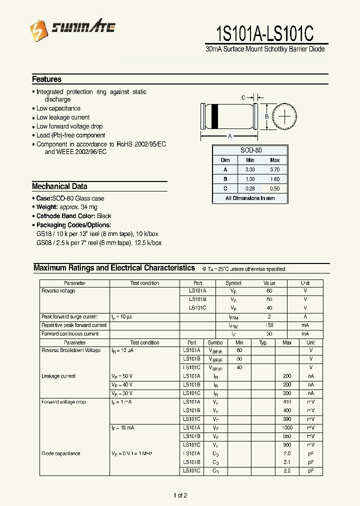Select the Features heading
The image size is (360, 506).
coord(46,79)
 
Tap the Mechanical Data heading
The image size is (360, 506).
coord(59,186)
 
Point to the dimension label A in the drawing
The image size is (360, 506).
coord(229,136)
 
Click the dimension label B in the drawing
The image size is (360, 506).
coord(266,116)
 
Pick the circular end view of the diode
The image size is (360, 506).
coord(284,116)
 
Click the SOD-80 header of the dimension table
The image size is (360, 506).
coord(250,150)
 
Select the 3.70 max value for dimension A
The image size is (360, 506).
coord(274,169)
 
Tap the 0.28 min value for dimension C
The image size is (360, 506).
coord(250,188)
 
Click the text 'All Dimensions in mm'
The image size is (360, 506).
coord(250,198)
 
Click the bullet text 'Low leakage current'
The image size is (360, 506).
coord(63,117)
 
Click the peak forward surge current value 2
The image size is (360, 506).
coord(269,317)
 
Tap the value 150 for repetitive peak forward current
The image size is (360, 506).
coord(269,325)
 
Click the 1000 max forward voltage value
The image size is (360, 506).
coord(286,428)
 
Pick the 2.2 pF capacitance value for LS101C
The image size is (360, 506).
coord(286,471)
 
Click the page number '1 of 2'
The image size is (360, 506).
coord(180,495)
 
